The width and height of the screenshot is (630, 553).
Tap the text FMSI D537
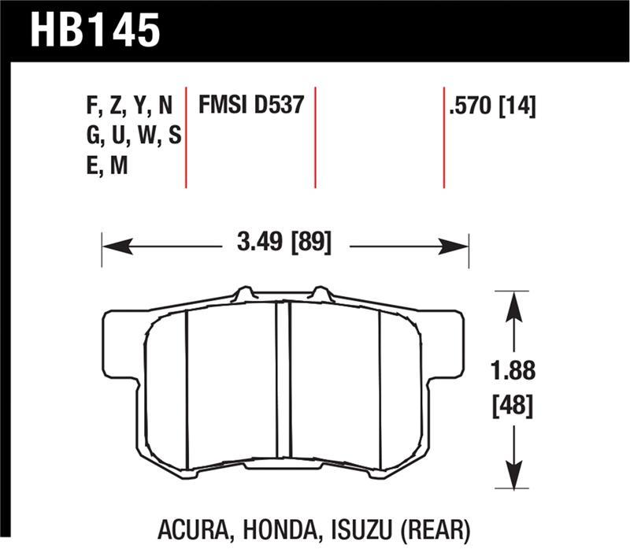[x=250, y=106]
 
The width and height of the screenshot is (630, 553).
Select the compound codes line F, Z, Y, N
[x=129, y=106]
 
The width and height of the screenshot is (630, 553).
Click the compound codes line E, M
[x=109, y=165]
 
